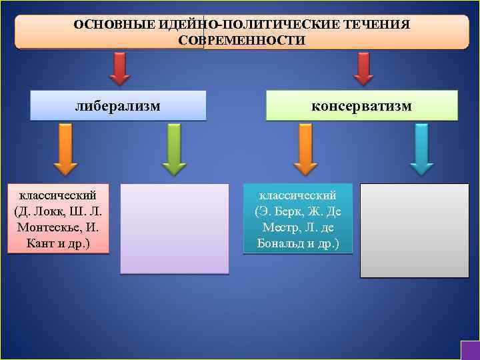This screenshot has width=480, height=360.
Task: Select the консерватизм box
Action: [x=362, y=105]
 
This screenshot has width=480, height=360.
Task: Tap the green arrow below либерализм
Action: [x=174, y=150]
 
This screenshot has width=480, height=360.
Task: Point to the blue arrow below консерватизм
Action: [x=421, y=150]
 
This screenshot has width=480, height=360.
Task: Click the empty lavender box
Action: [x=174, y=229]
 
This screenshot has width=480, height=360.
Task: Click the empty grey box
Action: [x=414, y=230]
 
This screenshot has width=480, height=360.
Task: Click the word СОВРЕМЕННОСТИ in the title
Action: [x=242, y=41]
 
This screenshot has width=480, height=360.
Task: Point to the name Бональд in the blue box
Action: [x=281, y=243]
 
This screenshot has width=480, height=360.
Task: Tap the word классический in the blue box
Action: [x=297, y=195]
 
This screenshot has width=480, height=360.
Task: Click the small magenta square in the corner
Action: [x=470, y=351]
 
